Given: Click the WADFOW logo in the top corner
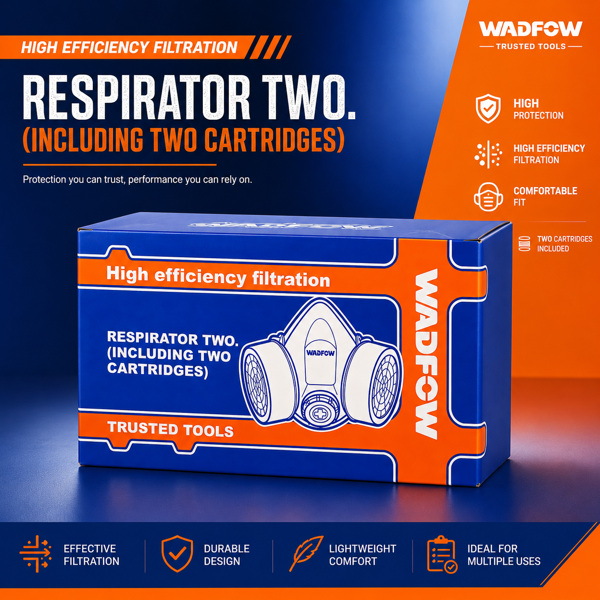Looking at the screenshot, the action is [x=531, y=29].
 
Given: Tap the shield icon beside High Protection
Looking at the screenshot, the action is [x=488, y=108].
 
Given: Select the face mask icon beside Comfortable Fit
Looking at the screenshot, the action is [x=488, y=197].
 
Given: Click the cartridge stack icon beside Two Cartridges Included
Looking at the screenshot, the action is [x=524, y=244].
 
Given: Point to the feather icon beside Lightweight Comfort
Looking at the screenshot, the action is [x=306, y=554].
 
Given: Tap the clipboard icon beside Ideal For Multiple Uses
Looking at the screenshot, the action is [x=442, y=554].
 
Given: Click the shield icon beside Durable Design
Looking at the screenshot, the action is [x=177, y=554].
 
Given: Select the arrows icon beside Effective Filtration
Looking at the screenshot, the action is [x=35, y=554].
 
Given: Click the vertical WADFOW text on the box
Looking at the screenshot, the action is [x=427, y=354].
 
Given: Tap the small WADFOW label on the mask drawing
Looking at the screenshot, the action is [x=321, y=353].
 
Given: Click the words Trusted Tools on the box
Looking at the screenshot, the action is [x=170, y=429].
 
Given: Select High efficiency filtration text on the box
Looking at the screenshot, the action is [x=218, y=277].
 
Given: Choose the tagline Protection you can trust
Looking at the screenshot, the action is [x=137, y=179].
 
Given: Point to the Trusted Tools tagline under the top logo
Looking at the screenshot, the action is [x=531, y=46].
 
